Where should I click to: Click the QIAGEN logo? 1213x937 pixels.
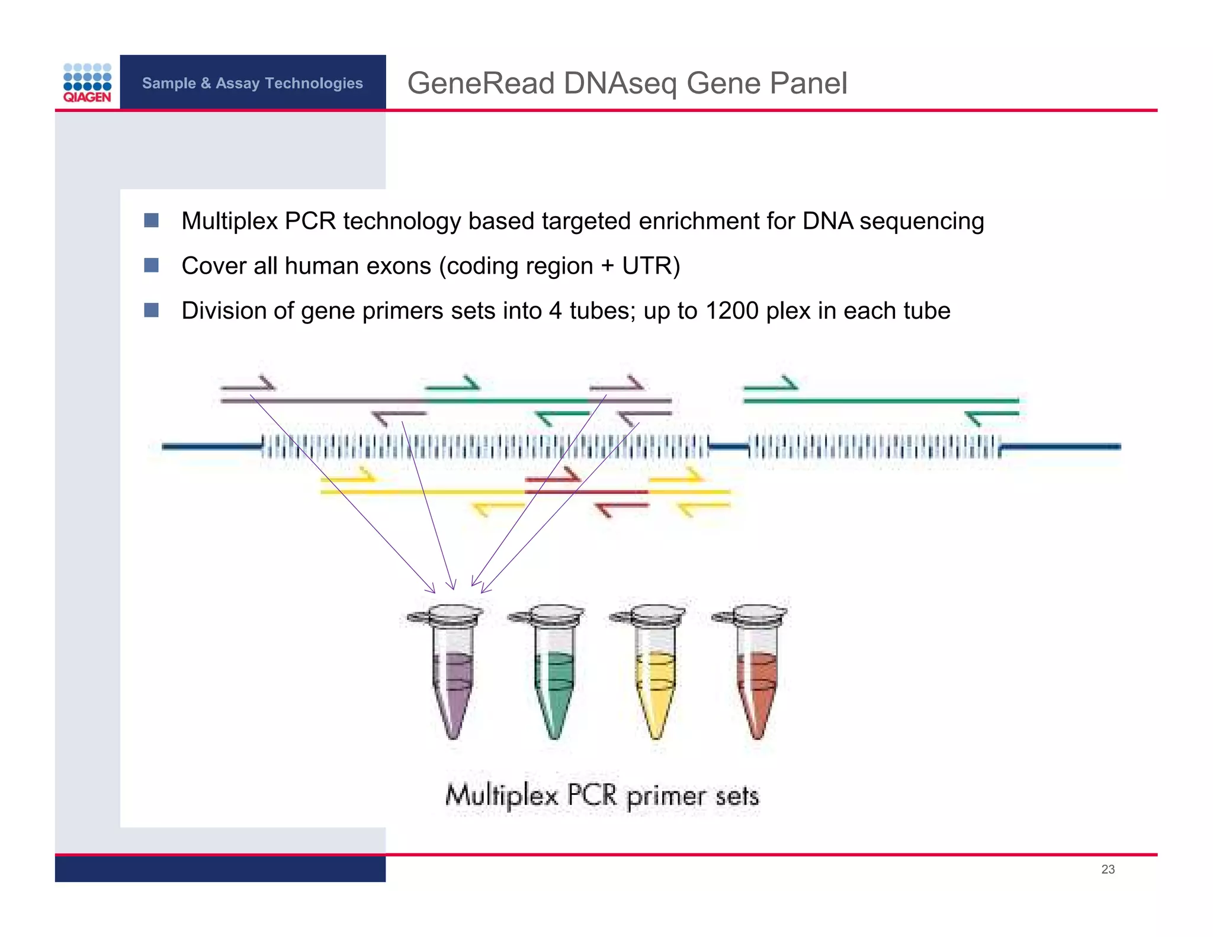pyautogui.click(x=87, y=83)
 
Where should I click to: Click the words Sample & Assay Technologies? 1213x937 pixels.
pyautogui.click(x=252, y=83)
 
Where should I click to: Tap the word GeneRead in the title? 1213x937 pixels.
pyautogui.click(x=480, y=83)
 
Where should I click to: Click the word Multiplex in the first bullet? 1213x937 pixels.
pyautogui.click(x=229, y=221)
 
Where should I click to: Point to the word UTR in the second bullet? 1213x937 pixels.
pyautogui.click(x=646, y=266)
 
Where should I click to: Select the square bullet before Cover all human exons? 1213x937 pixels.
pyautogui.click(x=151, y=265)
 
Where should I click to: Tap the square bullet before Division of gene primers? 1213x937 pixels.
pyautogui.click(x=151, y=310)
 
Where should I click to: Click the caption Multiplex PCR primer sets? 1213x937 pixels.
pyautogui.click(x=602, y=795)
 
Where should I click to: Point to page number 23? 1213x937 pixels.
pyautogui.click(x=1108, y=869)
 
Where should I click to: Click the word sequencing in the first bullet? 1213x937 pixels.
pyautogui.click(x=922, y=221)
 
